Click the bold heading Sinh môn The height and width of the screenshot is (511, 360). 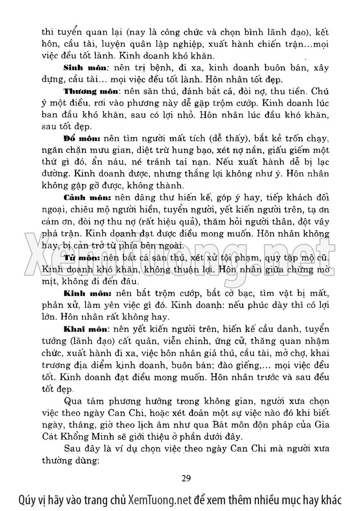[x=84, y=68]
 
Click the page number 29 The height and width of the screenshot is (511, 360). [x=187, y=478]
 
